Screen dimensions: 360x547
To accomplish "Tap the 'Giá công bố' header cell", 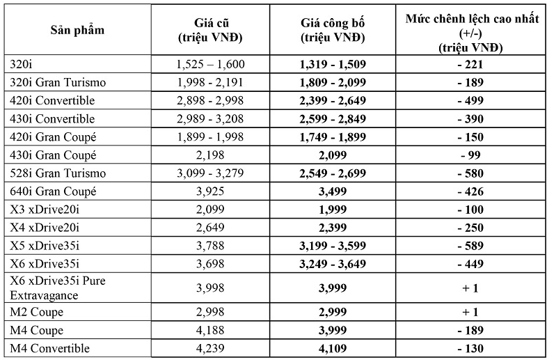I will coord(333,31).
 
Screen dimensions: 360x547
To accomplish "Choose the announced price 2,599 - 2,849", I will coord(333,118).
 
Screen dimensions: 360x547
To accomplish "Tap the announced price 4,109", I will coord(333,348).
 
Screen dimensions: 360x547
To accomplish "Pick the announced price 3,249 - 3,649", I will coord(333,263).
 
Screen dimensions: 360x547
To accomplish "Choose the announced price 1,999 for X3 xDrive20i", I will coord(333,209).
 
